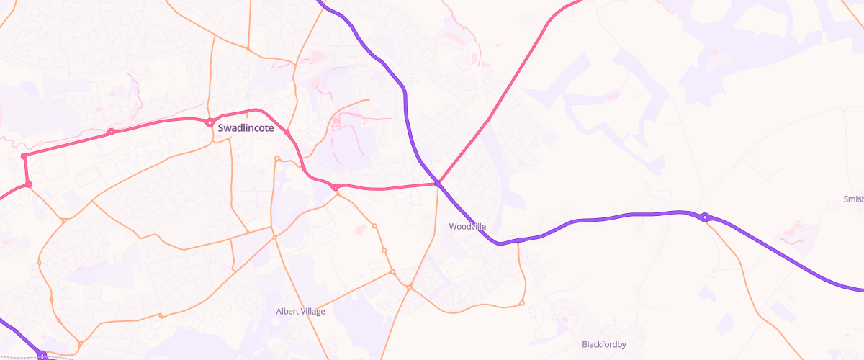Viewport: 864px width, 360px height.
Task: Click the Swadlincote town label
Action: pyautogui.click(x=246, y=127)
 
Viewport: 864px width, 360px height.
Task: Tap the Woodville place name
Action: pyautogui.click(x=467, y=226)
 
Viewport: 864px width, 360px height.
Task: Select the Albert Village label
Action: pyautogui.click(x=301, y=311)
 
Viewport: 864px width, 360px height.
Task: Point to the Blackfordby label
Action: pyautogui.click(x=604, y=344)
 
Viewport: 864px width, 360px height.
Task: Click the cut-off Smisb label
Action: pyautogui.click(x=853, y=199)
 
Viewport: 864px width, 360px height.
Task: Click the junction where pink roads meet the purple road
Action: pyautogui.click(x=437, y=184)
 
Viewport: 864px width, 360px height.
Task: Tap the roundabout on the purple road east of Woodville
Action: pyautogui.click(x=706, y=217)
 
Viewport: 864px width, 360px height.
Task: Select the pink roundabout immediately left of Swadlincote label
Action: pyautogui.click(x=210, y=122)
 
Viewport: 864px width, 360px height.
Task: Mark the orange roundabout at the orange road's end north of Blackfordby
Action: pyautogui.click(x=522, y=303)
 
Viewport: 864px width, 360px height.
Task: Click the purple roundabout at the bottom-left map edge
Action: pyautogui.click(x=43, y=355)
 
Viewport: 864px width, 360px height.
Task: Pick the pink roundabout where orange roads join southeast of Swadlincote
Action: pyautogui.click(x=336, y=188)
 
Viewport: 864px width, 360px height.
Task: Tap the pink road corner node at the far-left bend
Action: pyautogui.click(x=24, y=156)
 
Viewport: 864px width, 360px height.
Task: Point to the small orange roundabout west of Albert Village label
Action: pyautogui.click(x=161, y=315)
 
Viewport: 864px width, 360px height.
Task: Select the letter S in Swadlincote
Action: pyautogui.click(x=220, y=127)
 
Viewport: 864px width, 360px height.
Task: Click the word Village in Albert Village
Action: pyautogui.click(x=313, y=311)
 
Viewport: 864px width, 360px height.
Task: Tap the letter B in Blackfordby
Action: pyautogui.click(x=585, y=344)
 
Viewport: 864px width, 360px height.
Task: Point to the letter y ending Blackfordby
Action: pyautogui.click(x=624, y=346)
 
